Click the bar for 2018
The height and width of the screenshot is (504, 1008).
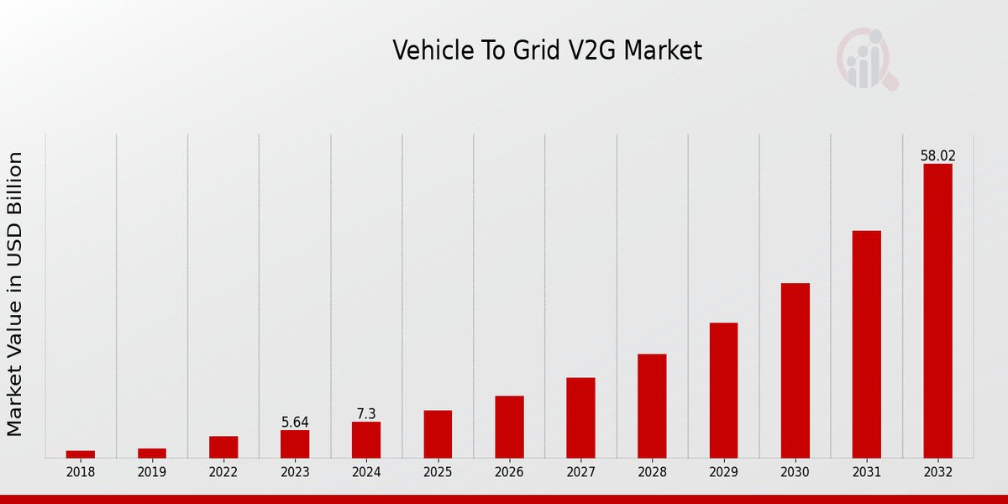coord(81,454)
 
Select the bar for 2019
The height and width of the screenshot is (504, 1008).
coord(152,454)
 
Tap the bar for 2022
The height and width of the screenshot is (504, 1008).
coord(223,447)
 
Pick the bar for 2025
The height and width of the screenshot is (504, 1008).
coord(438,434)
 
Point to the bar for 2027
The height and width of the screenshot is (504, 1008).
coord(580,417)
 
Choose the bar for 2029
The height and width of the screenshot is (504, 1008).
coord(723,391)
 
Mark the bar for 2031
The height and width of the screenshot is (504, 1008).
coord(866,344)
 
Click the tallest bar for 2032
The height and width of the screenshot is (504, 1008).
coord(937,311)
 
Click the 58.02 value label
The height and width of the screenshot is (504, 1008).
coord(937,156)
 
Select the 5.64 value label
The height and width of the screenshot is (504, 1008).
coord(295,423)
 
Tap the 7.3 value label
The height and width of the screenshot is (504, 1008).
coord(366,414)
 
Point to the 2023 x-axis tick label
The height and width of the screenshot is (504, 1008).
coord(295,472)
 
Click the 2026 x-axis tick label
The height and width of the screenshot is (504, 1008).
coord(509,472)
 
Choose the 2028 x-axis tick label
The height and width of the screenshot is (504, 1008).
coord(652,472)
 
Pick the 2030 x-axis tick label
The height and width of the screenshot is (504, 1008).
coord(795,472)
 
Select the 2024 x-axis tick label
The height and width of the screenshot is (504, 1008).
coord(366,472)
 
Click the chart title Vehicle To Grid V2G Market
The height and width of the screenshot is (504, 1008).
coord(547,51)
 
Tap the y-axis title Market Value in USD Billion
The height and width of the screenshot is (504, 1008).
coord(15,294)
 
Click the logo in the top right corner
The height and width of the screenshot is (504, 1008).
coord(867,59)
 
